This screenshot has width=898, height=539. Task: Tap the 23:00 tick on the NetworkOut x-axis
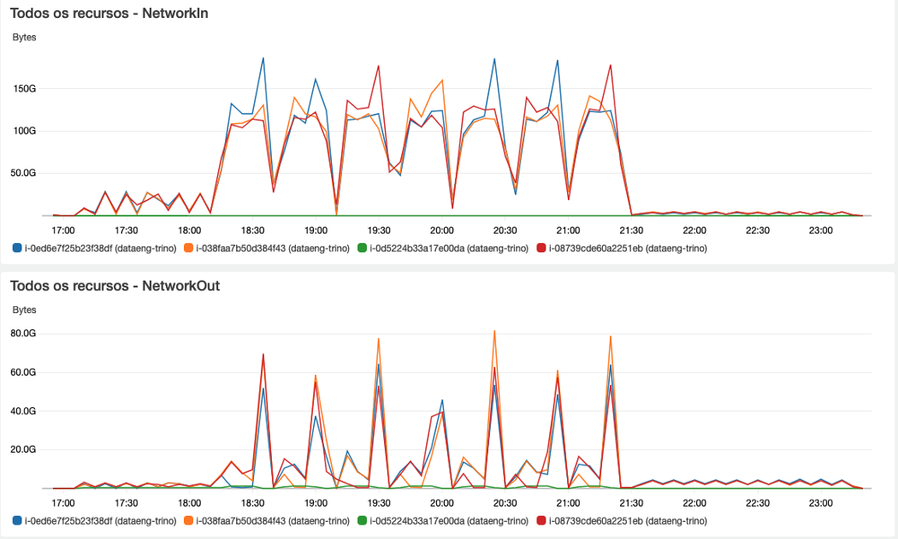point(820,502)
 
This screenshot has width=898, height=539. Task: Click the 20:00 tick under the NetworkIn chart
point(441,230)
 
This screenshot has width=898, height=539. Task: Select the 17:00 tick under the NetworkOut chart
point(63,502)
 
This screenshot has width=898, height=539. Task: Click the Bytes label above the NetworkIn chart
point(24,38)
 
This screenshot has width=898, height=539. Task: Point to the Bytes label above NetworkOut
point(24,310)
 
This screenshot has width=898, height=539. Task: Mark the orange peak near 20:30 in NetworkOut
point(494,330)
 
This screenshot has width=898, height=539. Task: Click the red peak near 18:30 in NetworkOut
point(263,354)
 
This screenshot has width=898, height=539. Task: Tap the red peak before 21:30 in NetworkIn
point(611,65)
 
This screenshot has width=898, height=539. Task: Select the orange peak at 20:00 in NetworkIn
point(442,80)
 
